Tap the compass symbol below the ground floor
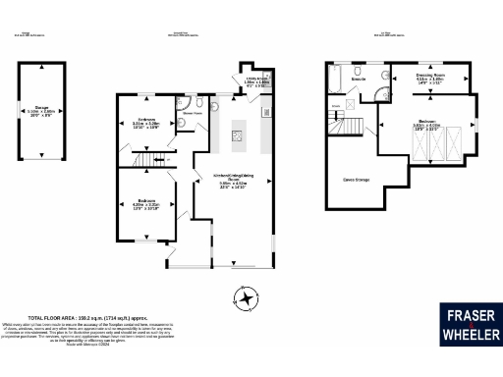pyautogui.click(x=244, y=297)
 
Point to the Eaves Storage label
pyautogui.click(x=356, y=179)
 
